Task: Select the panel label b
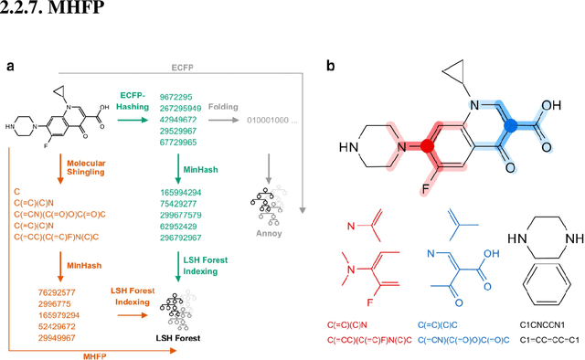coord(330,66)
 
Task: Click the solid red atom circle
coord(426,145)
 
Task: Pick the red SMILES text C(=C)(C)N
coord(352,324)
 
